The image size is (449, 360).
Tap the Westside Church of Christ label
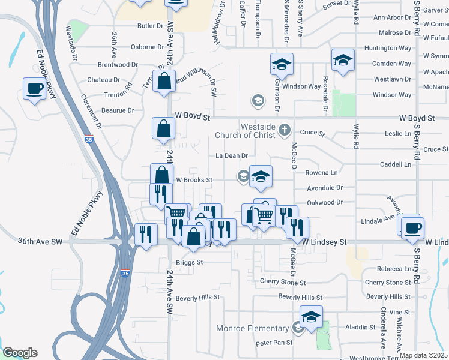[x=258, y=131]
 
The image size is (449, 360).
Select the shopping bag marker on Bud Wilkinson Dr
[x=164, y=81]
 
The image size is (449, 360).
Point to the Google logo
[x=20, y=353]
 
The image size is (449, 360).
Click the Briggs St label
[x=190, y=263]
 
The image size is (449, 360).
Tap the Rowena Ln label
[x=321, y=173]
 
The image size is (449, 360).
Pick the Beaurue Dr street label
[x=118, y=110]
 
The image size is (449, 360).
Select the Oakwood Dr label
[x=324, y=203]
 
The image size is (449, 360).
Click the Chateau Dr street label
[x=104, y=80]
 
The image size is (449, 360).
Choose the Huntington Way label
[x=392, y=48]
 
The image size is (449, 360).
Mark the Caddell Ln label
[x=396, y=164]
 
